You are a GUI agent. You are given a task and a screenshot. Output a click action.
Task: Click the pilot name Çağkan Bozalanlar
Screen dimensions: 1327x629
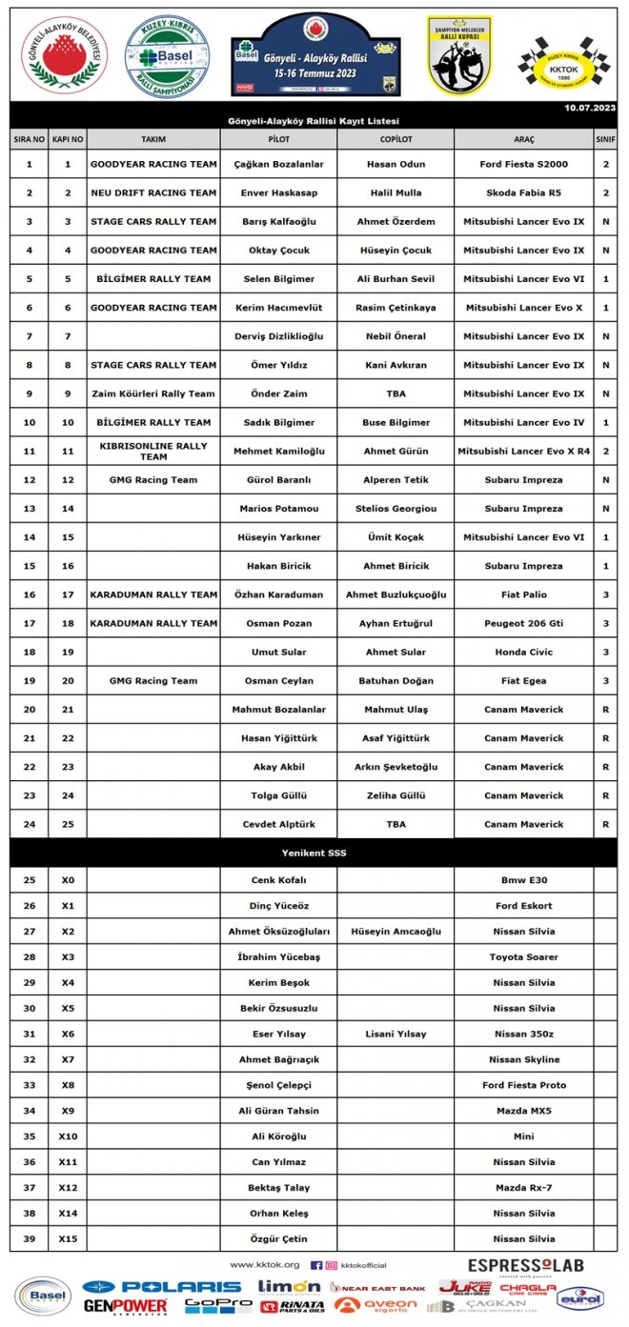(278, 164)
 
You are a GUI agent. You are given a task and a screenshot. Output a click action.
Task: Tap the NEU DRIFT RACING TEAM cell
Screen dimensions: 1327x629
(152, 192)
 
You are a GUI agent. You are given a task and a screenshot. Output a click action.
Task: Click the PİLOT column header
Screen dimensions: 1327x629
(278, 139)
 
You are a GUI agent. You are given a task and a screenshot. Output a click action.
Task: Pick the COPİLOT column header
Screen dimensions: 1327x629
(395, 139)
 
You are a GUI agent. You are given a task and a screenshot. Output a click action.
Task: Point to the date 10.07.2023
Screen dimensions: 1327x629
(589, 109)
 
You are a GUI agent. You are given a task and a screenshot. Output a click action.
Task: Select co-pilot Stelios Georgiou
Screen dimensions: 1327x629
(395, 509)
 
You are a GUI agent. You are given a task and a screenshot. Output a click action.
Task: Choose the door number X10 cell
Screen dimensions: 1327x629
(67, 1136)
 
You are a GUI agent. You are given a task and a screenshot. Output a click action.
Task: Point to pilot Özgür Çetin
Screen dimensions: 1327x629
(278, 1238)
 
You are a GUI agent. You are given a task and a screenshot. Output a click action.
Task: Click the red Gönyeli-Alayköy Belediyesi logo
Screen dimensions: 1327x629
(65, 55)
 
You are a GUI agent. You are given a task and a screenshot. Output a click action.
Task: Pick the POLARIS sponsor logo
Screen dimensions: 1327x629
(163, 1287)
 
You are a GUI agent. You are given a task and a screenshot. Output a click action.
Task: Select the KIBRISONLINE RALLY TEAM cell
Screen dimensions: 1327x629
(152, 451)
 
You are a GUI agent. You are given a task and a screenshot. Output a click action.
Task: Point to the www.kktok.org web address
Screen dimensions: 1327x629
(265, 1265)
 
